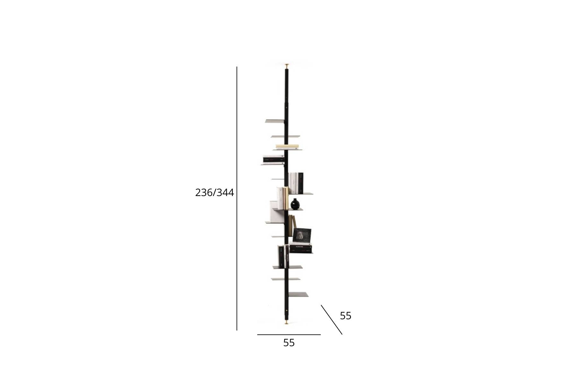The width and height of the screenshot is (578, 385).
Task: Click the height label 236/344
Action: point(215,193)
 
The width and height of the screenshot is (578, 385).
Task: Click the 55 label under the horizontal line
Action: point(289,343)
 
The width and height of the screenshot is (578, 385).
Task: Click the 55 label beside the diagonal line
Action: point(346,316)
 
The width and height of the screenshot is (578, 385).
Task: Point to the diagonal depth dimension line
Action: point(331,320)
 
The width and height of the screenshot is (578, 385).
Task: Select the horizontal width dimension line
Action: point(289,335)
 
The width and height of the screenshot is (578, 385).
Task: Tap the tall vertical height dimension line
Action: point(237,198)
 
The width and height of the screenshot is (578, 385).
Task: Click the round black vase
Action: point(295,204)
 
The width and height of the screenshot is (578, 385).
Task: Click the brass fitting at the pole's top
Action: point(287,66)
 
